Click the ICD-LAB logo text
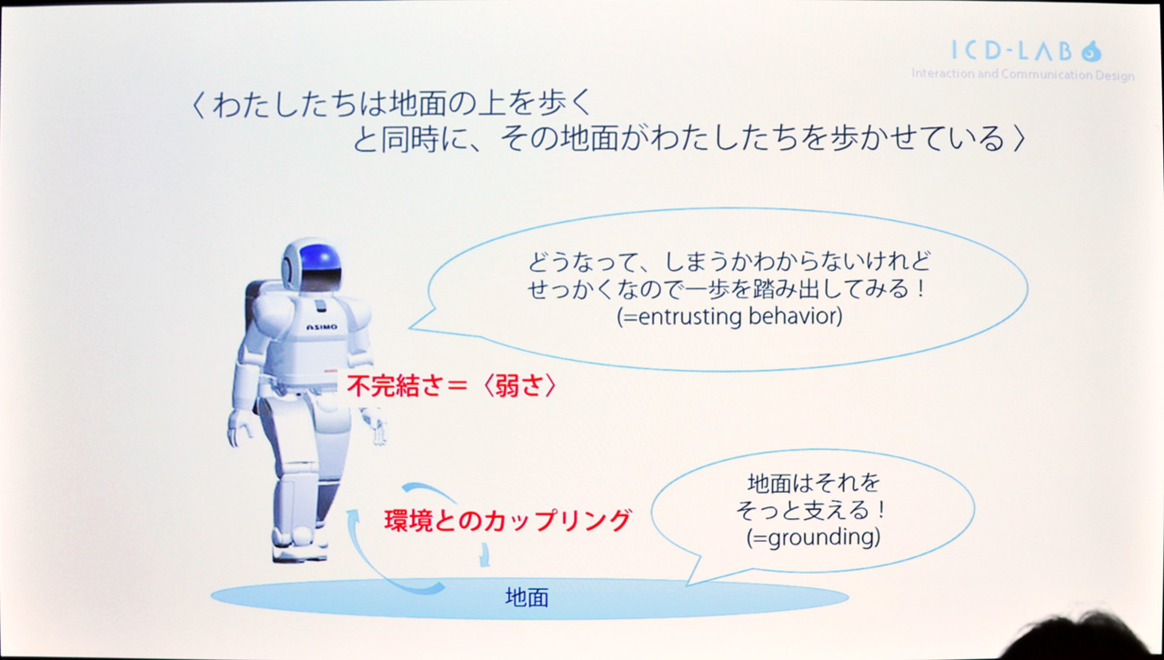[1012, 51]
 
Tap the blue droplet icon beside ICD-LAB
[1091, 52]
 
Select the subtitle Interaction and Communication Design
[1023, 75]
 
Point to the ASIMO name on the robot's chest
[322, 327]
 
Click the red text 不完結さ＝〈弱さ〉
[451, 386]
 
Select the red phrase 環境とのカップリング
[507, 520]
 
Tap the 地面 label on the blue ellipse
[527, 597]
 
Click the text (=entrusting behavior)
[729, 316]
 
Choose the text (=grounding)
[813, 537]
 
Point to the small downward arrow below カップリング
[485, 555]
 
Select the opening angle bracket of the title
[197, 105]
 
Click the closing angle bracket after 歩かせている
[1019, 139]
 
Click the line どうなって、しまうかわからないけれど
[729, 262]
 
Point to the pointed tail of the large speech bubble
[410, 328]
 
